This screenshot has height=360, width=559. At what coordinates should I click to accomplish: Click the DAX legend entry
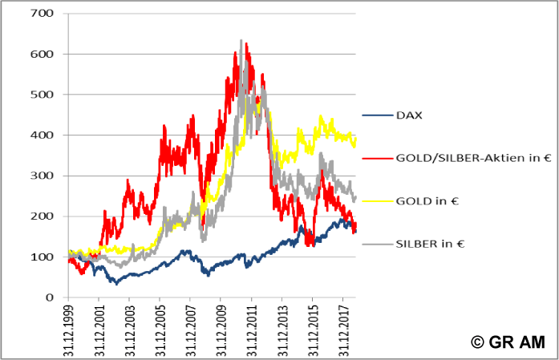[409, 115]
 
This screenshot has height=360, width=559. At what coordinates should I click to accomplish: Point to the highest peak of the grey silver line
[241, 41]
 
